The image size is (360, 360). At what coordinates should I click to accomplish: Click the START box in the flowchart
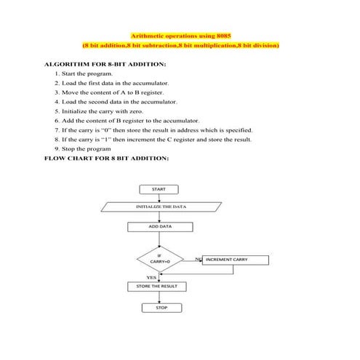pyautogui.click(x=158, y=189)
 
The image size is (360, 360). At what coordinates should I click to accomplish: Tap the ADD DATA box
pyautogui.click(x=161, y=227)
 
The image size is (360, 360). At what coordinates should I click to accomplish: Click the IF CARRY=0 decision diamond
pyautogui.click(x=159, y=259)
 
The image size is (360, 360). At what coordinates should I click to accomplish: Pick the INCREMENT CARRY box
pyautogui.click(x=234, y=260)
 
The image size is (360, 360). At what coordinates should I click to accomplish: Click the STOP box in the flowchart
pyautogui.click(x=161, y=308)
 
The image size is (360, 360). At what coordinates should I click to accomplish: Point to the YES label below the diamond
pyautogui.click(x=151, y=277)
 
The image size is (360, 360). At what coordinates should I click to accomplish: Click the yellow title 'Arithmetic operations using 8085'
pyautogui.click(x=180, y=35)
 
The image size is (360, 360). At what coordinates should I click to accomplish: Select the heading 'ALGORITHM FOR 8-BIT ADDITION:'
pyautogui.click(x=105, y=65)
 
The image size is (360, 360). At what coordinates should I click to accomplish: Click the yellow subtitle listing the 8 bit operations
pyautogui.click(x=180, y=46)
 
